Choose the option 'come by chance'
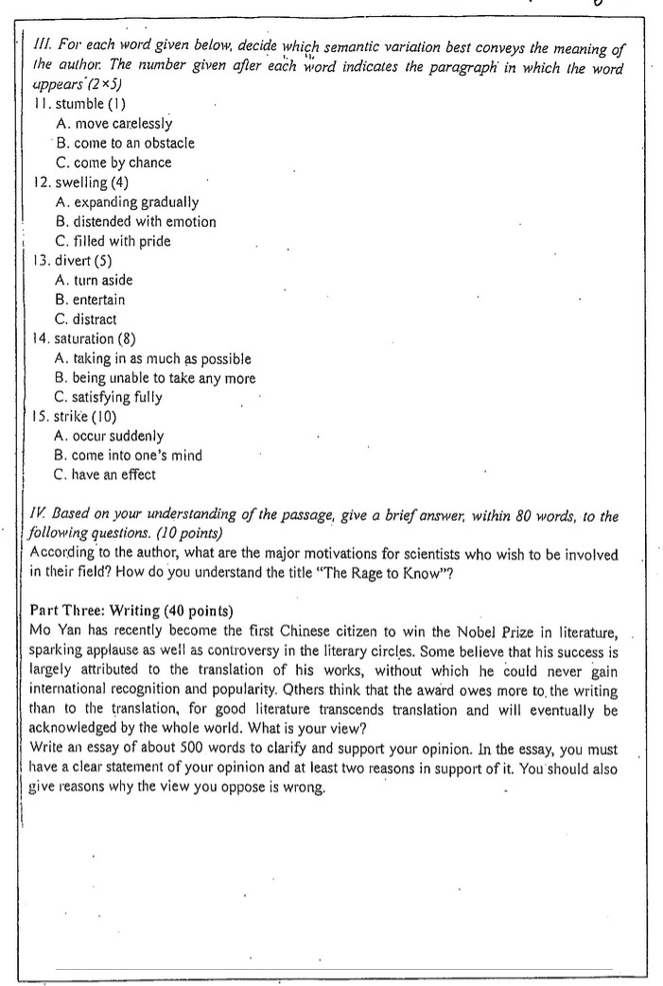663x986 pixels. tap(123, 163)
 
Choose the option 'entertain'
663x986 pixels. tap(98, 300)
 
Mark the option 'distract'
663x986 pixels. tap(95, 320)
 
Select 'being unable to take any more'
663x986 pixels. tap(155, 378)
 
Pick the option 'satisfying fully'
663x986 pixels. tap(117, 397)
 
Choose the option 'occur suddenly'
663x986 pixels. tap(118, 436)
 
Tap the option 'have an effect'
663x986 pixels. tap(113, 475)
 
